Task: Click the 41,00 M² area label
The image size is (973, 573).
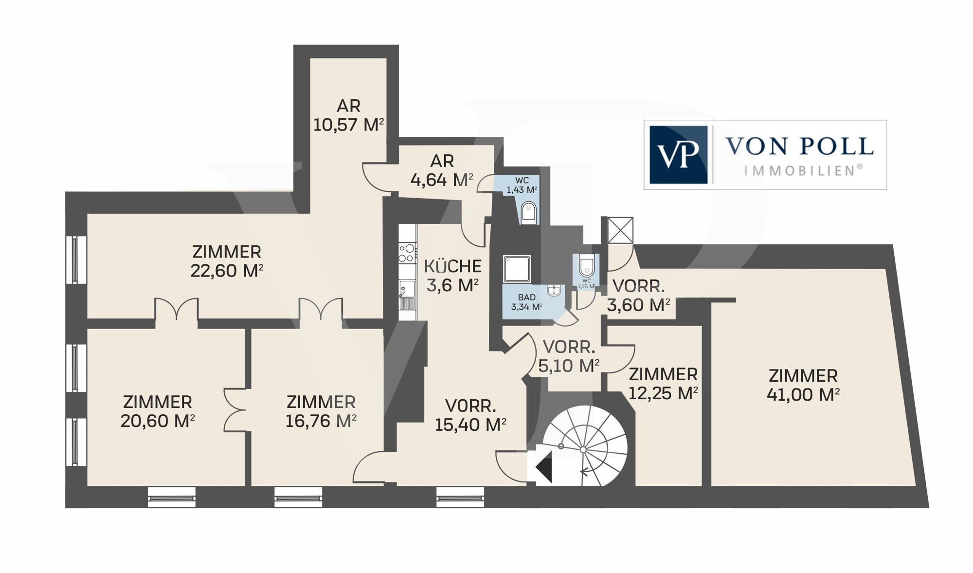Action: pos(803,394)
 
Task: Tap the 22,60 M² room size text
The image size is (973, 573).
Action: pos(227,270)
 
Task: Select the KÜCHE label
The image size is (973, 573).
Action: pos(452,266)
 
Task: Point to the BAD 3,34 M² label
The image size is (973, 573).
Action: pos(526,302)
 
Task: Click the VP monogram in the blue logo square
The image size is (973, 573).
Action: pos(678,155)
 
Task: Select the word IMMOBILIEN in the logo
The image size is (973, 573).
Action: pos(803,170)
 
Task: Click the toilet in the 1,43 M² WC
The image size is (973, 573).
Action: pos(528,213)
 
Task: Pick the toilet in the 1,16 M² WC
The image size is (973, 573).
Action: pos(586,265)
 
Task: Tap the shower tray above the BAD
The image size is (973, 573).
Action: pos(517,268)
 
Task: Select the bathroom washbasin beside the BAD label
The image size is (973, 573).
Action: pos(554,291)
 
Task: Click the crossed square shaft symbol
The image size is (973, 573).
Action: pos(620,230)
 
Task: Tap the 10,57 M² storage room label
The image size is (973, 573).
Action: pos(348,115)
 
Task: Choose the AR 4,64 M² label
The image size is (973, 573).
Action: pos(442,170)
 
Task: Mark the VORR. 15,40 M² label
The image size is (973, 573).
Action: pos(470,415)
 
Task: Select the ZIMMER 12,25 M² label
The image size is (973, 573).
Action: pos(663,383)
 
